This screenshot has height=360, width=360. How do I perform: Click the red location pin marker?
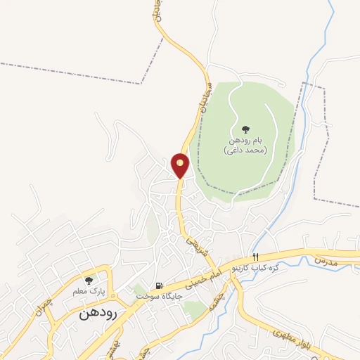coord(181,165)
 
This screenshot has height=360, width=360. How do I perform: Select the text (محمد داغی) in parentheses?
coord(244,151)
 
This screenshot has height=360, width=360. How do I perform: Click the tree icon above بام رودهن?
coord(245,129)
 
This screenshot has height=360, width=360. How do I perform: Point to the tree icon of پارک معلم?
coord(89,281)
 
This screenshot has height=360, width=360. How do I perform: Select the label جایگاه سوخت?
coord(160,297)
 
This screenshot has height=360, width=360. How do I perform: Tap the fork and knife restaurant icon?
coord(256,257)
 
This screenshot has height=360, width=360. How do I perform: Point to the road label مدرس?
coord(326,261)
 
